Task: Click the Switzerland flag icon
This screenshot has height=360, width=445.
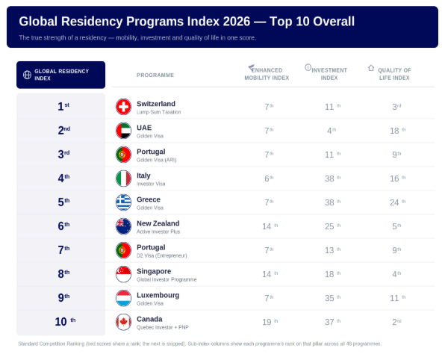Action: click(123, 107)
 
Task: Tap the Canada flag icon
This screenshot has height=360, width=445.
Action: click(123, 322)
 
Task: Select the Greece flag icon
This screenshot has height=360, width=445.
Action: click(123, 202)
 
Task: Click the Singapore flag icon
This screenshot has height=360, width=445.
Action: click(123, 274)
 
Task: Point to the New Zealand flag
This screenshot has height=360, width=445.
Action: click(123, 226)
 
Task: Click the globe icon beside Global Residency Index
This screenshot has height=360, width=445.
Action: click(27, 75)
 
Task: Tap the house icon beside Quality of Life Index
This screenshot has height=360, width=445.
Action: click(371, 68)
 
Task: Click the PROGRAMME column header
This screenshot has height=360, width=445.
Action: click(155, 75)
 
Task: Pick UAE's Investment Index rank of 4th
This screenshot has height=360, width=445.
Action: click(332, 131)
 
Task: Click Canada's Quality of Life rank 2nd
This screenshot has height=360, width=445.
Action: click(396, 322)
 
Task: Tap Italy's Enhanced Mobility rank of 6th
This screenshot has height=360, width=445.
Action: click(269, 179)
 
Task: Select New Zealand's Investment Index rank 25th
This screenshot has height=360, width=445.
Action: click(332, 226)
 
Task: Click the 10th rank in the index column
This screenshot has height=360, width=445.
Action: click(65, 321)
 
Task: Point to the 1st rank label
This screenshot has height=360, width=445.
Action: click(63, 107)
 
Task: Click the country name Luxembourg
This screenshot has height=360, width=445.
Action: click(158, 295)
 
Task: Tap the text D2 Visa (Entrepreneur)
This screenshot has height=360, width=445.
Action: click(162, 255)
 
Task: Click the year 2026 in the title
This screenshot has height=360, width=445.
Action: click(237, 22)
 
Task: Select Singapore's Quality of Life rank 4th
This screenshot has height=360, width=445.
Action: click(396, 274)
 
